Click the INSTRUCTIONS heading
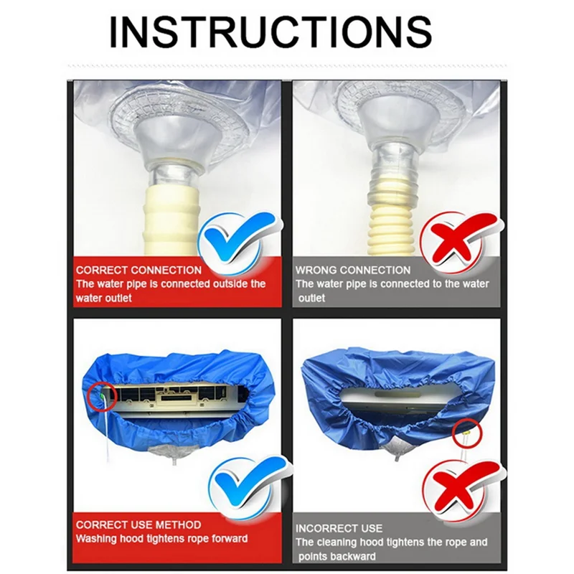tap(270, 32)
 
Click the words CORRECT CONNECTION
tap(138, 270)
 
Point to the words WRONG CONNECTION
tap(353, 270)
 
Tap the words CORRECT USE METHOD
tap(138, 524)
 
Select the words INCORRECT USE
tap(339, 528)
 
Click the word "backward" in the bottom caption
tap(354, 557)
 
